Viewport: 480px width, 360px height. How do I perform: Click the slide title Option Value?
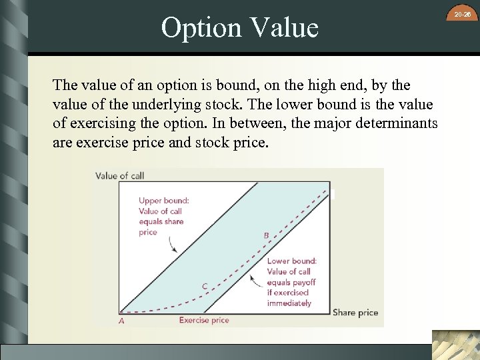[240, 28]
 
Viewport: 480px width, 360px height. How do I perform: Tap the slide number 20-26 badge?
[463, 14]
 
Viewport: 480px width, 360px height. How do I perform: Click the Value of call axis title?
[119, 176]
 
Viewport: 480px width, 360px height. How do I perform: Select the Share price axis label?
[355, 312]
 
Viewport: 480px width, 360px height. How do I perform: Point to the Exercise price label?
[204, 321]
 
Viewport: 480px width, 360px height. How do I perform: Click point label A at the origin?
[121, 321]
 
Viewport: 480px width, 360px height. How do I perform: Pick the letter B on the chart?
[266, 235]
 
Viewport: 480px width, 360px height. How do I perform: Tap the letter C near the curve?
[205, 286]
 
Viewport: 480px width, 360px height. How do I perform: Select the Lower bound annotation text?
[291, 282]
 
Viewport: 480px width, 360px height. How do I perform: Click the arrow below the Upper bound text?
[172, 245]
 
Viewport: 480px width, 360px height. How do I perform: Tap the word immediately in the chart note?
[289, 303]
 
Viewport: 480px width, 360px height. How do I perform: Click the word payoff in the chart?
[303, 282]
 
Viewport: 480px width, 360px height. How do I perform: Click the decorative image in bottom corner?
[455, 345]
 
